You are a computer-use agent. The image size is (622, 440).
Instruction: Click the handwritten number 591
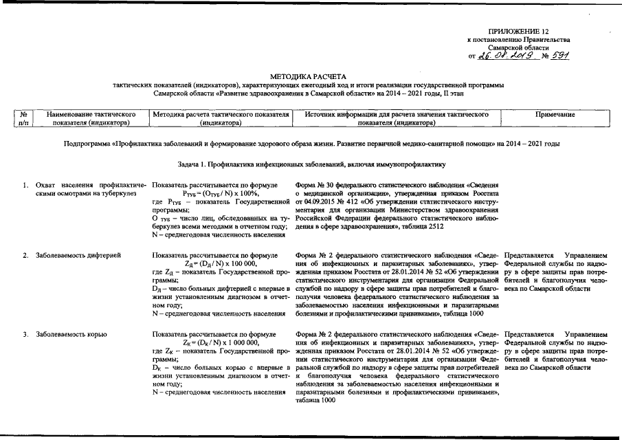point(562,56)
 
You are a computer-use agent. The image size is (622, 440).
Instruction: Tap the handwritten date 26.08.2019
point(507,56)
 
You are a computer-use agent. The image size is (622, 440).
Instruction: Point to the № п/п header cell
point(24,118)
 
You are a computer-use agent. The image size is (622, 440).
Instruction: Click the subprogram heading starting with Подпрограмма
point(310,144)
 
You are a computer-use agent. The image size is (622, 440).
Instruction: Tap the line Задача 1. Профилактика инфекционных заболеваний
point(310,164)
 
